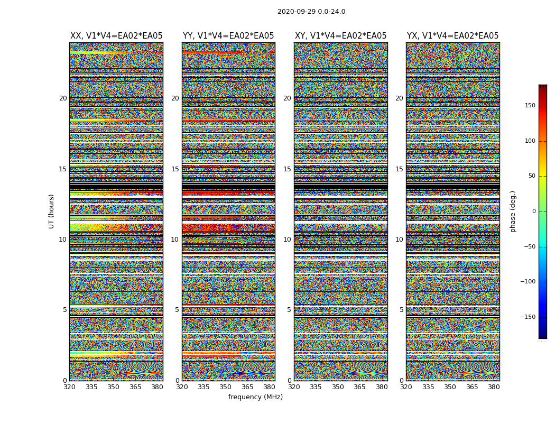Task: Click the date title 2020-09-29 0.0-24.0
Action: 311,12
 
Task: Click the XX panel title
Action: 116,36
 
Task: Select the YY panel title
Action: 228,36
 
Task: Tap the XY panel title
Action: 340,36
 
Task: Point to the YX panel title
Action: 452,36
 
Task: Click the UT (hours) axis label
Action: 52,211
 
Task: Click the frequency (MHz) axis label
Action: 255,397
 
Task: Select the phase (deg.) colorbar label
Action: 513,212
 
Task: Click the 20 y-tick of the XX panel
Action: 63,98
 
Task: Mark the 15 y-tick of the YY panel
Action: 175,169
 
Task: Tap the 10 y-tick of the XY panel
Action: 287,240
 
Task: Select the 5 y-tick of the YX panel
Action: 401,310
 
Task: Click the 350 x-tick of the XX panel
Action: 114,387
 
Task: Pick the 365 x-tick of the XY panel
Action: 359,387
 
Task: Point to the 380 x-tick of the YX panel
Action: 494,387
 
